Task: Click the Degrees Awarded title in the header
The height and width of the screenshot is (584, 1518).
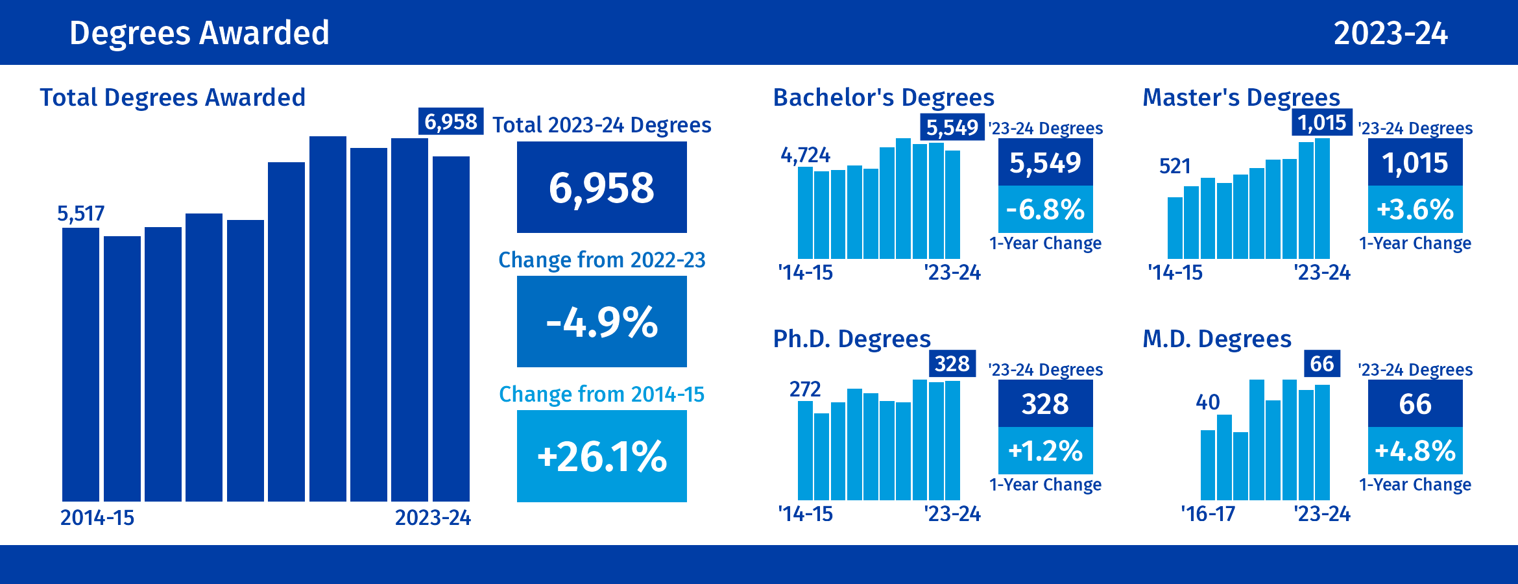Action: tap(199, 33)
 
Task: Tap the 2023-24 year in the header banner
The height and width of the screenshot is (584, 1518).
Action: tap(1390, 34)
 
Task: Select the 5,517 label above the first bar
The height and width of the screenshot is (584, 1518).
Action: tap(80, 213)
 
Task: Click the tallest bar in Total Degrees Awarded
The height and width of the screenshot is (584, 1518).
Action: tap(328, 318)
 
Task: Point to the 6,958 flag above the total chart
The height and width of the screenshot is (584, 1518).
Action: tap(451, 121)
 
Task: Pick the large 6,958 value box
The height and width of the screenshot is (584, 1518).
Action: tap(601, 188)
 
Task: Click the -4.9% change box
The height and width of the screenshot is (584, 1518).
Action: tap(601, 322)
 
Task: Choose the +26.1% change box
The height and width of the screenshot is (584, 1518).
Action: tap(601, 456)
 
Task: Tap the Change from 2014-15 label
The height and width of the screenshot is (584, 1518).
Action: tap(601, 395)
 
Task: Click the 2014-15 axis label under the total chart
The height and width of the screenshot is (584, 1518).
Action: tap(97, 518)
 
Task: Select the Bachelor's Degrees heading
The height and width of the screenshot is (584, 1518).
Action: tap(884, 98)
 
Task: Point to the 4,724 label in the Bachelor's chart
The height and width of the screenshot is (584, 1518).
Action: tap(805, 155)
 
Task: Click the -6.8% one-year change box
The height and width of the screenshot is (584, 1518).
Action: tap(1045, 210)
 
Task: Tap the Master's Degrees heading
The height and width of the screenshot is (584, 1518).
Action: tap(1241, 98)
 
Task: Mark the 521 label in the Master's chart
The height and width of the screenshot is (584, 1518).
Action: tap(1175, 167)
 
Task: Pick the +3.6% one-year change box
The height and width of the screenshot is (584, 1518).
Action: tap(1415, 210)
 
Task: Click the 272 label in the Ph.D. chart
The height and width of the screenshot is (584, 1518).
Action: tap(805, 389)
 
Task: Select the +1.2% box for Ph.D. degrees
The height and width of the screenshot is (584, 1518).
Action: tap(1045, 451)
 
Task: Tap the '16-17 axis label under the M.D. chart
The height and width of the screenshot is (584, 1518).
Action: tap(1208, 514)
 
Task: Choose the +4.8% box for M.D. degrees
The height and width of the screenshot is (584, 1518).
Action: tap(1415, 451)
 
